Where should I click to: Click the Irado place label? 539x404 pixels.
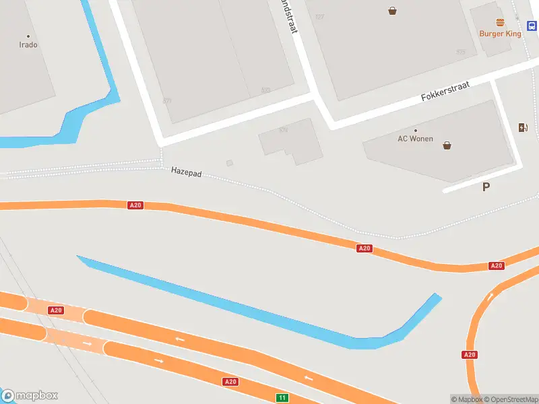click(28, 45)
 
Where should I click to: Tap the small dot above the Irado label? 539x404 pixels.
click(28, 36)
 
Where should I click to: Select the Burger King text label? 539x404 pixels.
click(500, 34)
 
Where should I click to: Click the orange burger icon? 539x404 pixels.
click(500, 22)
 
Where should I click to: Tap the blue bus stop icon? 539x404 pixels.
click(532, 26)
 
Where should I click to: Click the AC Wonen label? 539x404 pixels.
click(415, 139)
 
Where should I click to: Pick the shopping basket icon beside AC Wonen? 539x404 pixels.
click(447, 145)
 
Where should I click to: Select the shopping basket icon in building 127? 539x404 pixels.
click(392, 10)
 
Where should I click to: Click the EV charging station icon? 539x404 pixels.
click(522, 127)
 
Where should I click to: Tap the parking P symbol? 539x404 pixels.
click(486, 187)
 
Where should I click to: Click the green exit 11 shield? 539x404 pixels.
click(282, 398)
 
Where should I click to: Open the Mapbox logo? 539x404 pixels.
click(30, 395)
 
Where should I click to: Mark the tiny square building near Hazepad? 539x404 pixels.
click(230, 162)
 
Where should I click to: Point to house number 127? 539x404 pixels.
click(319, 17)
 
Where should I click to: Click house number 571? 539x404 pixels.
click(167, 101)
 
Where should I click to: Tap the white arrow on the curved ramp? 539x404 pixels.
click(490, 296)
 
